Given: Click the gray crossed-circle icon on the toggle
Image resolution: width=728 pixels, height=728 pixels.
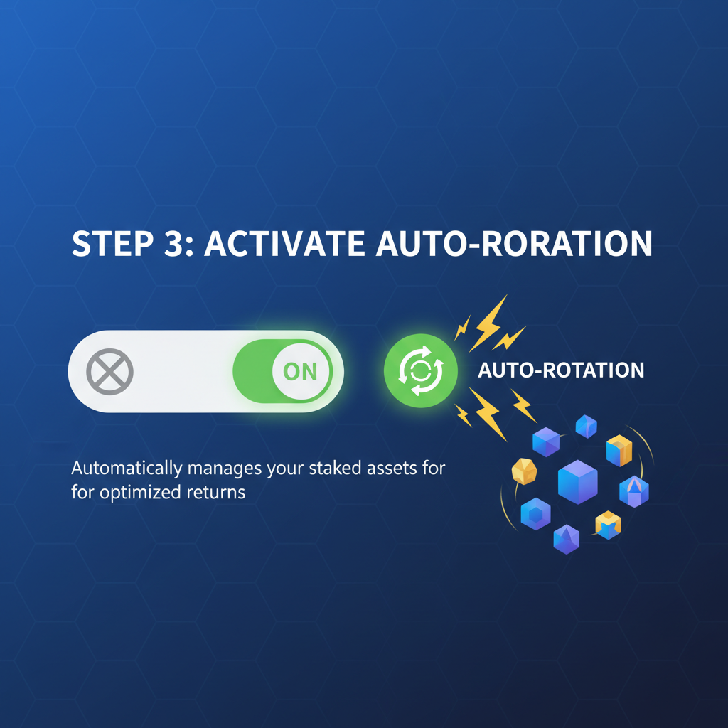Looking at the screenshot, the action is coord(109,372).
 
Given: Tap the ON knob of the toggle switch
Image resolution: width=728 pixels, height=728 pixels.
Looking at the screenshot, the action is coord(300,372).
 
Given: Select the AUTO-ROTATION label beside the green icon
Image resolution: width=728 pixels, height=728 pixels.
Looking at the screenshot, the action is coord(561,370).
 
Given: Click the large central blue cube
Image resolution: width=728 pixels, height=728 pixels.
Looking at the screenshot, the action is coord(577,481).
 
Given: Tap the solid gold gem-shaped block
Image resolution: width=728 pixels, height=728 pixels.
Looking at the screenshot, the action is coord(524,471).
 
